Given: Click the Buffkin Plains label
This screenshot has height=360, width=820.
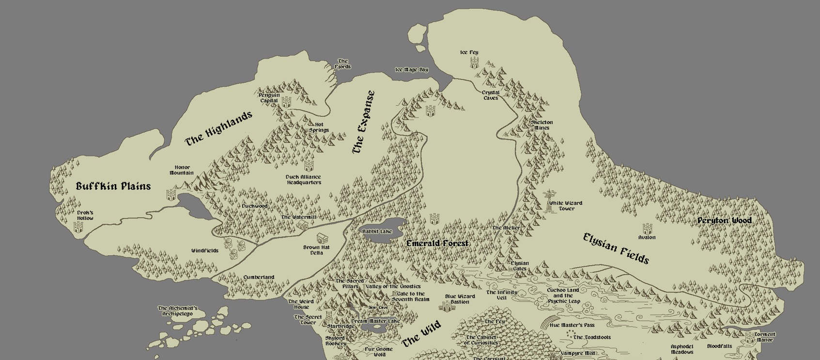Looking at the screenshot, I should (113, 187).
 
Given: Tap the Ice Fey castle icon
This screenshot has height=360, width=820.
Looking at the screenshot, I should (474, 63).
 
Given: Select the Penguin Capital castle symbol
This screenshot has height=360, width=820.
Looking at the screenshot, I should (286, 102).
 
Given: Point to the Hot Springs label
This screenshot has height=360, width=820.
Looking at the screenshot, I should (319, 127).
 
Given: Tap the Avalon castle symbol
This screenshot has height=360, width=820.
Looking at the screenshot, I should (647, 229).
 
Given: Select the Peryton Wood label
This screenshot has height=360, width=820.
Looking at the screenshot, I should (724, 221).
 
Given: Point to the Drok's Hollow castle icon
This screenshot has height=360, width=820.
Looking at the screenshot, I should (78, 226).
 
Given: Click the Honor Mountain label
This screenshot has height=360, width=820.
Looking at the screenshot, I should (182, 170).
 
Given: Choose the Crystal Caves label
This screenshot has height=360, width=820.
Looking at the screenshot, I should (490, 95).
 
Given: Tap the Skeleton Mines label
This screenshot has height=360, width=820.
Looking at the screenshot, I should (542, 125).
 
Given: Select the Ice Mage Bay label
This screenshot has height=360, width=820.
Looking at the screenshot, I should (412, 70).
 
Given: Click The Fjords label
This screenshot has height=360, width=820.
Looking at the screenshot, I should (342, 64).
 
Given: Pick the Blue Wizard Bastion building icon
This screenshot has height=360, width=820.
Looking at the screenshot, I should (445, 306).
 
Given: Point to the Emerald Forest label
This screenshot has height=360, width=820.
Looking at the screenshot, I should (437, 243).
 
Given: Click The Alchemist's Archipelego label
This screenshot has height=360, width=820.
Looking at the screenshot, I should (177, 311).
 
